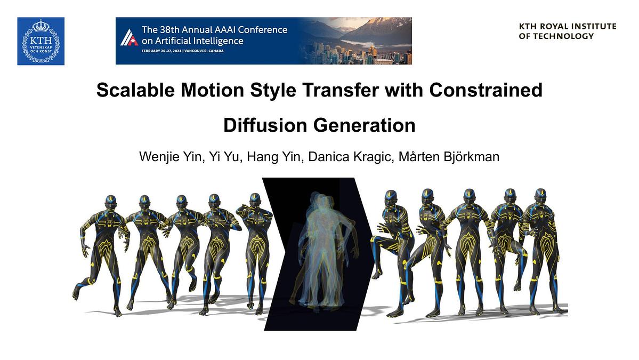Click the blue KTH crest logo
pyautogui.click(x=41, y=41)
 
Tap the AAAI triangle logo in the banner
pyautogui.click(x=129, y=37)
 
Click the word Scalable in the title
pyautogui.click(x=136, y=91)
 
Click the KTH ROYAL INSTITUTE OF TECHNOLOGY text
pyautogui.click(x=567, y=31)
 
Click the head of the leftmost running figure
pyautogui.click(x=110, y=202)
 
